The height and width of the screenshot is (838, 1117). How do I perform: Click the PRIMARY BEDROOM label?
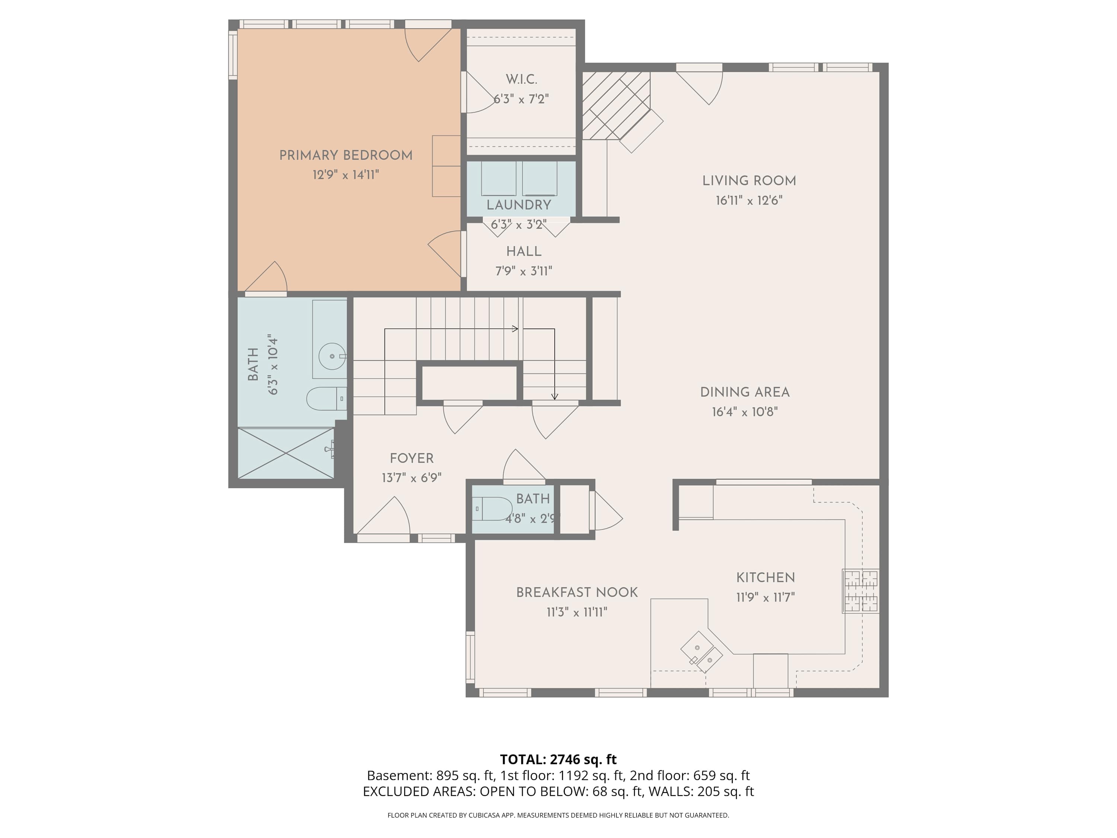click(x=346, y=156)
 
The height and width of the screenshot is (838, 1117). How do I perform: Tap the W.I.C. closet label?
click(x=521, y=79)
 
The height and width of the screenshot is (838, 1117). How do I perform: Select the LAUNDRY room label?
click(x=519, y=205)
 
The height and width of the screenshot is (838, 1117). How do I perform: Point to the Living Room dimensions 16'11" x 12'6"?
click(x=749, y=200)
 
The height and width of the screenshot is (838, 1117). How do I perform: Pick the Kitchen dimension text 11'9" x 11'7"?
click(x=766, y=597)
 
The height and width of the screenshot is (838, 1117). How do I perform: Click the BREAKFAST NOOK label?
click(x=577, y=593)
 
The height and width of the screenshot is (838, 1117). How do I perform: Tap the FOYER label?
click(x=411, y=458)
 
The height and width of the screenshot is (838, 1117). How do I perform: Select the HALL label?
click(x=524, y=251)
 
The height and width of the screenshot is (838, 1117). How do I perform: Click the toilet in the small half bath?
click(x=492, y=509)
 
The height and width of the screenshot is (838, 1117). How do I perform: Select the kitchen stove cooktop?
click(x=860, y=591)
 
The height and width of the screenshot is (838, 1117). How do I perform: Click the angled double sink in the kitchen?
click(x=701, y=652)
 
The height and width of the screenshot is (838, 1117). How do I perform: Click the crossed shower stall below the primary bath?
click(x=286, y=453)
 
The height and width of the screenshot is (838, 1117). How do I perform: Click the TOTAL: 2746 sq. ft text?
click(x=558, y=760)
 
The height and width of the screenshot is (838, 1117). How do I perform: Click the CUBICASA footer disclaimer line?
click(x=558, y=815)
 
